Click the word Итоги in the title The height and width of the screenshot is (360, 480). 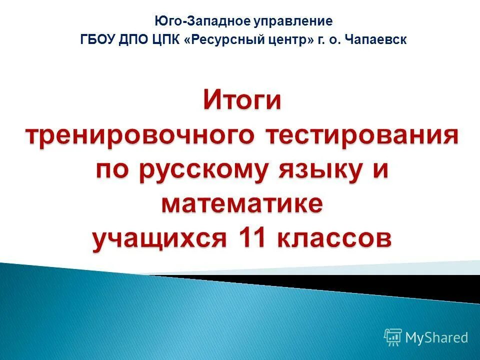pos(242,101)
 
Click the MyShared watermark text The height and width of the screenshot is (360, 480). pos(437,337)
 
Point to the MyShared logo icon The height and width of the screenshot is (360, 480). pos(392,337)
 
